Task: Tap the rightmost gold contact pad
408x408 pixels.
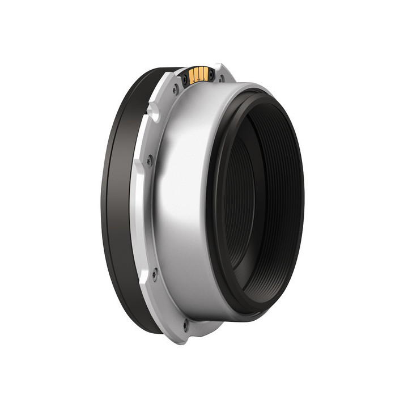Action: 205,73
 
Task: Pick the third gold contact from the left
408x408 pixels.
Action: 201,74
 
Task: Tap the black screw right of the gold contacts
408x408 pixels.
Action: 211,74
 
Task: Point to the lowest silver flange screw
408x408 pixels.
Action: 185,325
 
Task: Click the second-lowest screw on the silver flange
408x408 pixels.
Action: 154,276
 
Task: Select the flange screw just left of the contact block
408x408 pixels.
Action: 175,88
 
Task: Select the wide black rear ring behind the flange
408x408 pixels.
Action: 116,198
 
